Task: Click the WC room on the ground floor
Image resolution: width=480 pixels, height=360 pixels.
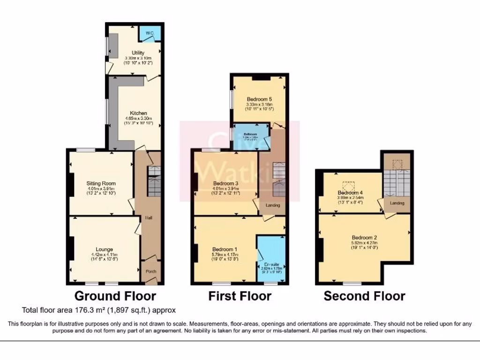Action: pos(150,33)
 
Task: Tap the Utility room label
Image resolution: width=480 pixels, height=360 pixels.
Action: pos(138,53)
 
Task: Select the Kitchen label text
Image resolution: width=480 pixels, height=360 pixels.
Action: pos(139,113)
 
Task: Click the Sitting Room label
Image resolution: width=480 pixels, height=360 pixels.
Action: pos(101,183)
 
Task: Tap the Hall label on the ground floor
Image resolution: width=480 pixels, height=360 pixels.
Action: pos(148,218)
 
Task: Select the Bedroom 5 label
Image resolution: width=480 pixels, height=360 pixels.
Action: pos(259,99)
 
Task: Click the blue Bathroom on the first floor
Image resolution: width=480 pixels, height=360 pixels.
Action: pos(251,136)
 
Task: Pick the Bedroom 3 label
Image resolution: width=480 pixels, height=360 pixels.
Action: pos(226,183)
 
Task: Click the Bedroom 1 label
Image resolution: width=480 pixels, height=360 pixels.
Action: pos(225,249)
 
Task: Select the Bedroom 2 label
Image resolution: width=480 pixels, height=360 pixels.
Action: pos(364,238)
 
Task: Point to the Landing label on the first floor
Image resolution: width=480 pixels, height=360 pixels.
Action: pos(273,205)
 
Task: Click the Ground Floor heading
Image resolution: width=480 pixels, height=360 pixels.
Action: pos(115,296)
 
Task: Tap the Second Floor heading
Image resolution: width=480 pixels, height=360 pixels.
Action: pos(364,296)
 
